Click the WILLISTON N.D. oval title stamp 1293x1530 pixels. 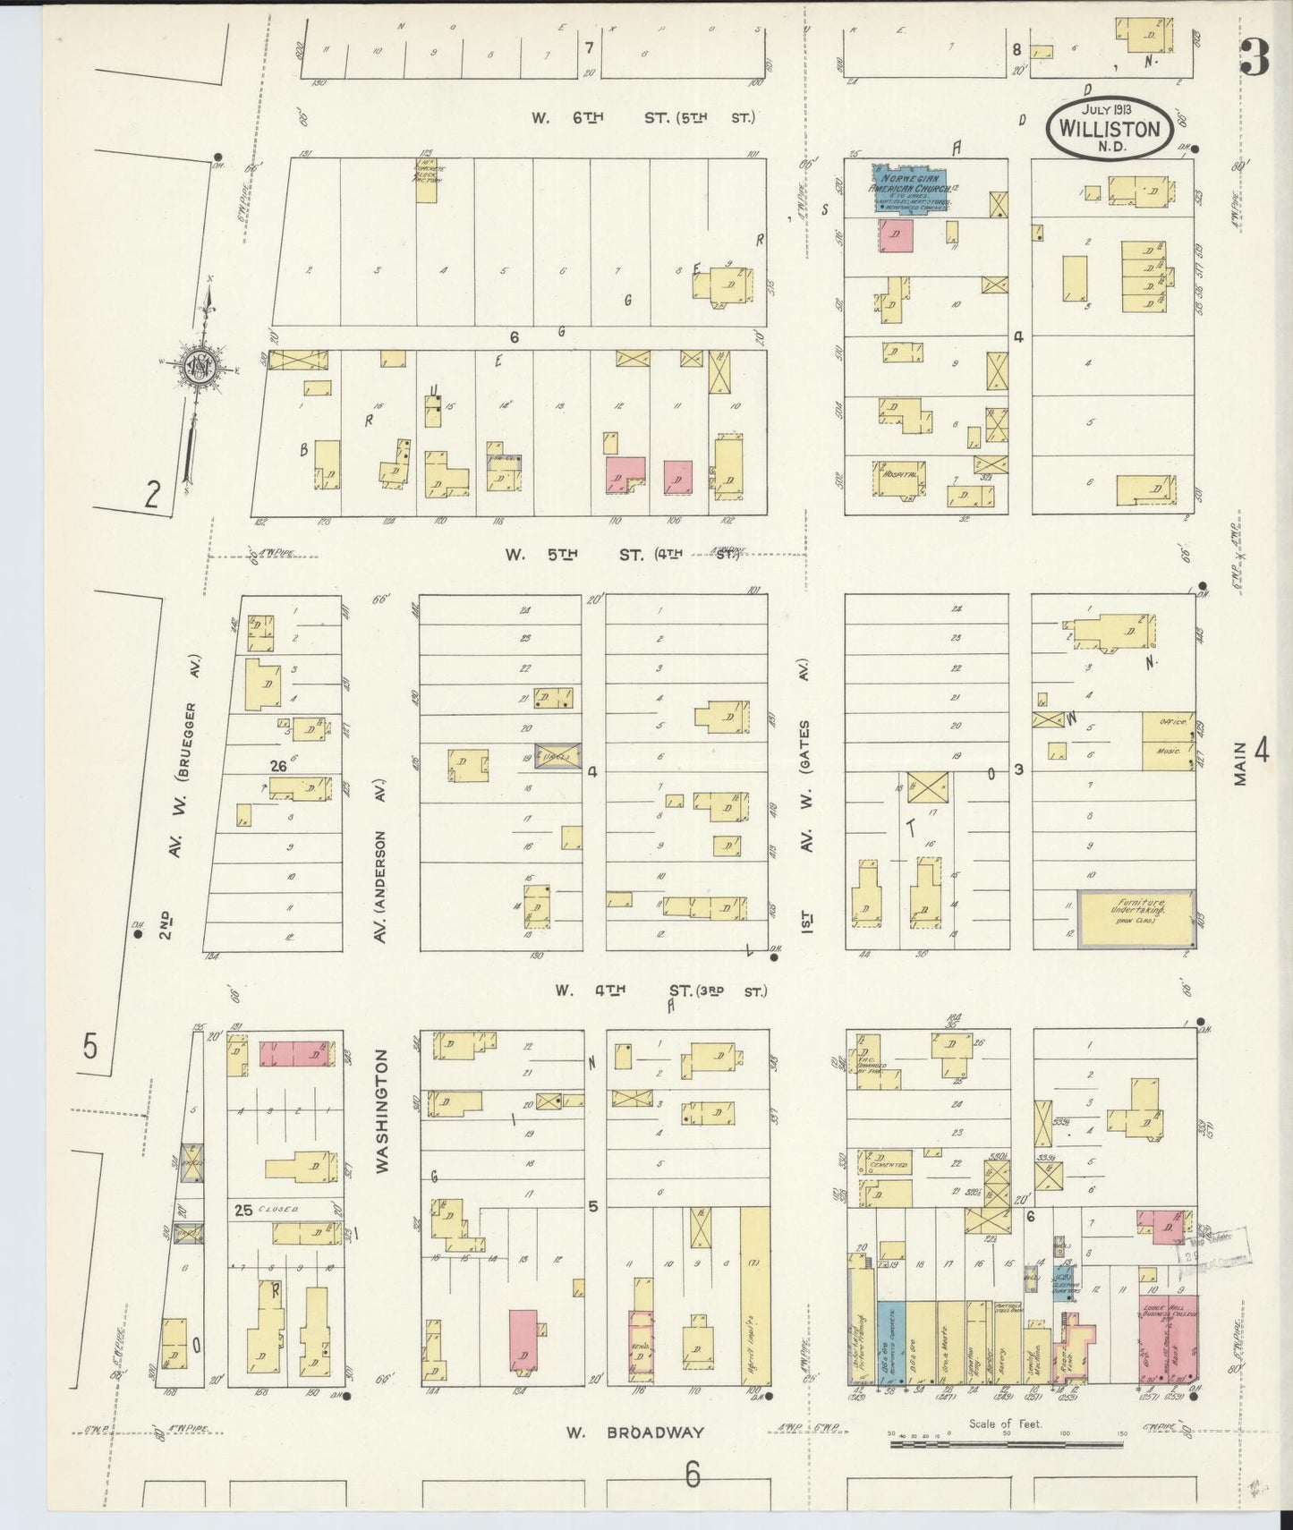[1109, 128]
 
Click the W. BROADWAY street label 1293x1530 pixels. [634, 1432]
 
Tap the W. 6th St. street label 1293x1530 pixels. [644, 117]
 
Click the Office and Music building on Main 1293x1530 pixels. [1168, 740]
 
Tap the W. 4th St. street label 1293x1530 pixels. [662, 990]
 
